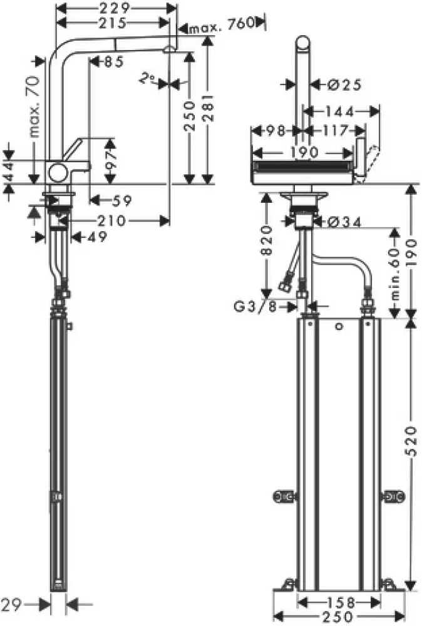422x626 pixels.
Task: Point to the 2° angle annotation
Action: [x=147, y=79]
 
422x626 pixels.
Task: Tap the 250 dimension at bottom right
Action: [x=338, y=617]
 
